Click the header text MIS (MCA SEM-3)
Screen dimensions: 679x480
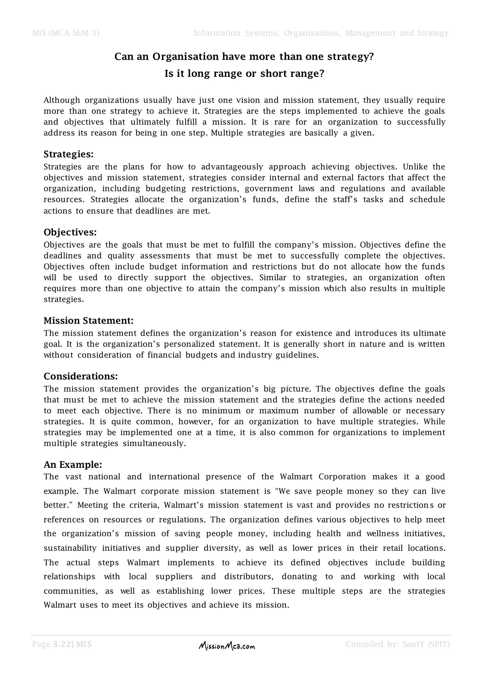(x=66, y=33)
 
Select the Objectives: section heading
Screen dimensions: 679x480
(x=70, y=232)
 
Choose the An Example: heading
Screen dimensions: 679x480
(x=73, y=465)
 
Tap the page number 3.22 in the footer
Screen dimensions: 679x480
(x=62, y=644)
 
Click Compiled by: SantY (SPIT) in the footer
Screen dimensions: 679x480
(x=397, y=644)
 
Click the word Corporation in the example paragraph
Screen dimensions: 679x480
(x=342, y=477)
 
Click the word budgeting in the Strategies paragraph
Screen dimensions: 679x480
(x=166, y=189)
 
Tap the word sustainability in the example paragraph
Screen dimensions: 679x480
(x=70, y=548)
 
